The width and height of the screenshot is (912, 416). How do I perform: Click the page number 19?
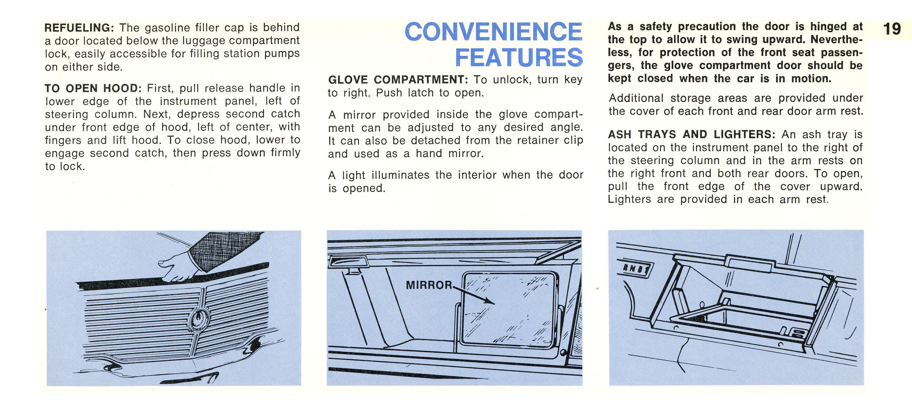pos(892,29)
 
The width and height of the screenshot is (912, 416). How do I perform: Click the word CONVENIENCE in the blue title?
pos(493,32)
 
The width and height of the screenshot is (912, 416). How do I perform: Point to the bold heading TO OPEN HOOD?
pos(93,88)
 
